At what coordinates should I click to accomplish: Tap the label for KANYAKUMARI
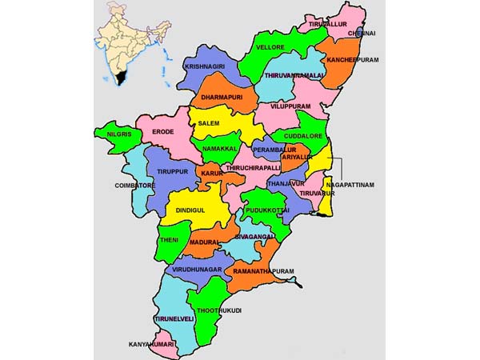pyautogui.click(x=152, y=345)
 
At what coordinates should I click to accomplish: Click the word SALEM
pyautogui.click(x=209, y=123)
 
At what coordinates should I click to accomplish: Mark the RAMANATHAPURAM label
pyautogui.click(x=265, y=272)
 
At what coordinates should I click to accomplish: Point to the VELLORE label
pyautogui.click(x=270, y=48)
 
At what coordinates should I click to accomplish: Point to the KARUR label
pyautogui.click(x=211, y=173)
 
